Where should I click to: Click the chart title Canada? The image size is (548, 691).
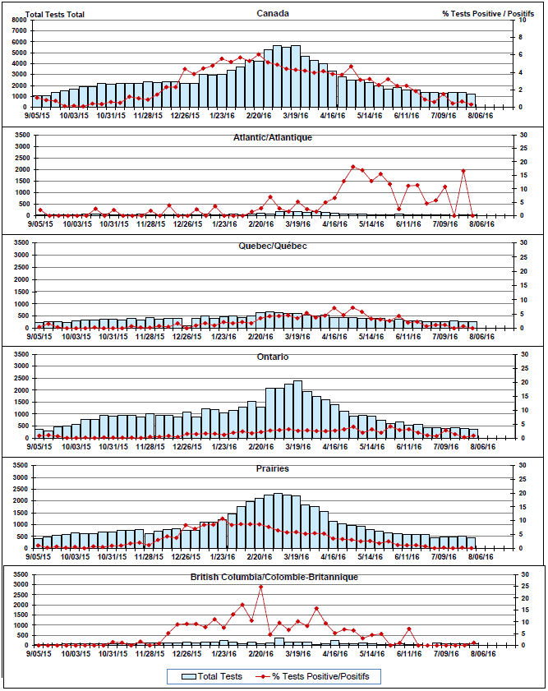(272, 13)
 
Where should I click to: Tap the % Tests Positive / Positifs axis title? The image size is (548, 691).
(481, 14)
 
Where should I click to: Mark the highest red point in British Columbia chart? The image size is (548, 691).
(261, 587)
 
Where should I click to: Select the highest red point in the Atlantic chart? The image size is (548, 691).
(353, 167)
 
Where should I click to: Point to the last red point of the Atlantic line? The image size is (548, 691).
(472, 215)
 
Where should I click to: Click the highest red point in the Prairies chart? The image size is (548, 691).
(223, 518)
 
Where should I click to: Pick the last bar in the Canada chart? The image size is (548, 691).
(471, 101)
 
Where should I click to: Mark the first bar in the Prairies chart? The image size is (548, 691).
(39, 543)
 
